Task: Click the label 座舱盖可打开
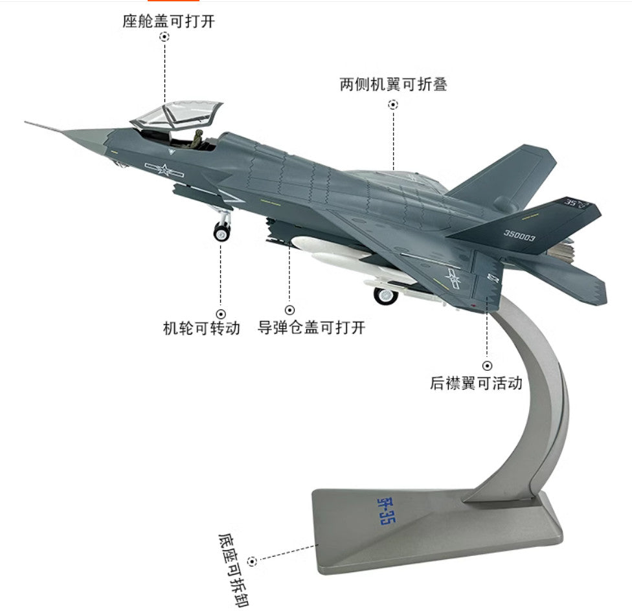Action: coord(168,21)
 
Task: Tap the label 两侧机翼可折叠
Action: coord(393,85)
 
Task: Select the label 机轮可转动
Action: coord(201,328)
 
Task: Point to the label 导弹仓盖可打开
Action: coord(311,327)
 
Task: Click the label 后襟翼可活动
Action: coord(476,383)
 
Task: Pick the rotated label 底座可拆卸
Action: coord(234,570)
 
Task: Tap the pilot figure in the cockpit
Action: coord(198,139)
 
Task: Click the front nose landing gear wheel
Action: coord(221,232)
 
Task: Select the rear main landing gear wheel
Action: coord(386,296)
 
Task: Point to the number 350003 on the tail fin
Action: coord(519,235)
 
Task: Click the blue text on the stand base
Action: coord(386,510)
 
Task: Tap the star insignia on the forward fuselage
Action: coord(164,170)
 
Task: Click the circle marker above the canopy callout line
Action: coord(164,37)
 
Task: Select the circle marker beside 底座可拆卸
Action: coord(252,561)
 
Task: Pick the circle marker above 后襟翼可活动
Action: coord(488,366)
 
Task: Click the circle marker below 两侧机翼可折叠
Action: coord(393,105)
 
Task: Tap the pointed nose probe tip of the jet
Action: coord(25,122)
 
